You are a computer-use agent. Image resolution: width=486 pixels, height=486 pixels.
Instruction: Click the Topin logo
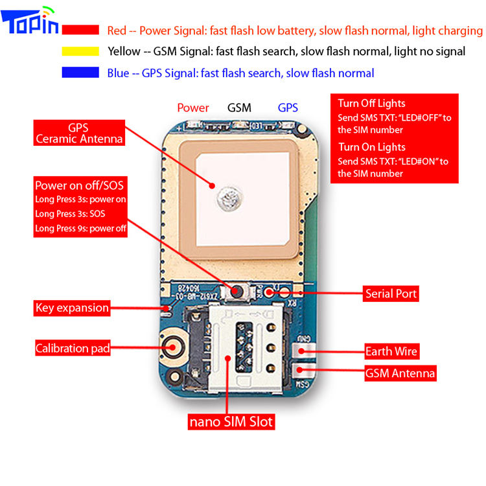point(30,20)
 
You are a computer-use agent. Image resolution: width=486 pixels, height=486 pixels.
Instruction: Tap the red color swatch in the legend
point(80,30)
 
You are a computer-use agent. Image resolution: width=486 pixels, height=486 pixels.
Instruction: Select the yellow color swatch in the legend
point(80,51)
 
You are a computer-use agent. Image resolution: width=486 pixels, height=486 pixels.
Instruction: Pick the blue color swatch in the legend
point(80,72)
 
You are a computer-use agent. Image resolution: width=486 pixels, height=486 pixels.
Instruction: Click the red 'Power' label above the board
point(193,108)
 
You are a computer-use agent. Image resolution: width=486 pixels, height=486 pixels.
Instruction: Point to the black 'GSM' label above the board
point(239,108)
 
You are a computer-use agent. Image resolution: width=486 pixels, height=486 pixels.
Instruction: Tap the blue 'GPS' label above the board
point(288,108)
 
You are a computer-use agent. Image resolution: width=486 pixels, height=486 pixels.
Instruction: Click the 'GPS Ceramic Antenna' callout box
point(79,133)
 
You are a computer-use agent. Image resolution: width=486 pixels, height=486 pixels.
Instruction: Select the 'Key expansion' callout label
point(72,308)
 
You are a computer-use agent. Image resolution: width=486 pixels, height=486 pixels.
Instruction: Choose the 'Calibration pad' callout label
point(73,348)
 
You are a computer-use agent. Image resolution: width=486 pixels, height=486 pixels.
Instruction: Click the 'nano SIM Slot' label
point(231,422)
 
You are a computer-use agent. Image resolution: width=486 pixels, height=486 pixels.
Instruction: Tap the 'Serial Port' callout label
point(391,294)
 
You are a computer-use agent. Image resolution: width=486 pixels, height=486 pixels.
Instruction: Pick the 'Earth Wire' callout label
point(392,351)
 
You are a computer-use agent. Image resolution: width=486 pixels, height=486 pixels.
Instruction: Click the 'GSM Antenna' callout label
point(400,373)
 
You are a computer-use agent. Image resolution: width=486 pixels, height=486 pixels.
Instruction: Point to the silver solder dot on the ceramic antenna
point(229,199)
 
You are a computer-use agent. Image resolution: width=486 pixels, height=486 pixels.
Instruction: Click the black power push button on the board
point(237,292)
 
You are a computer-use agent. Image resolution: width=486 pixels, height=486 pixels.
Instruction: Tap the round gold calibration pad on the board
point(174,347)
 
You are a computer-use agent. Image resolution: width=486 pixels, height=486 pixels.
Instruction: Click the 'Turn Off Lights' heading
point(371,104)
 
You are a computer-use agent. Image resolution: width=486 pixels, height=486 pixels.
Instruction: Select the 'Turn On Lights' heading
point(372,147)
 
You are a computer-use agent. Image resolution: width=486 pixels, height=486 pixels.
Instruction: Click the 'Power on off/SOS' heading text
point(79,186)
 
